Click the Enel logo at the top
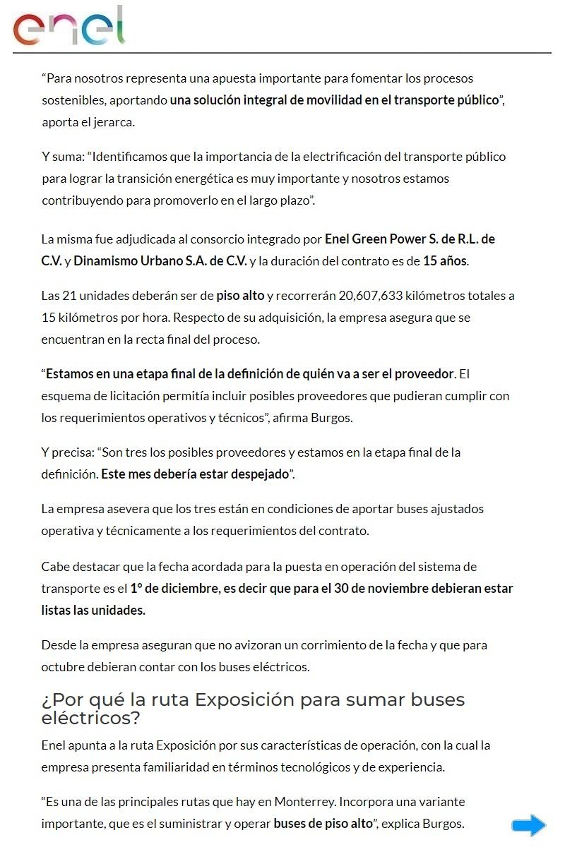pyautogui.click(x=69, y=27)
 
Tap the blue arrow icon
pyautogui.click(x=528, y=824)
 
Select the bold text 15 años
pyautogui.click(x=445, y=260)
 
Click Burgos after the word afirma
pyautogui.click(x=333, y=417)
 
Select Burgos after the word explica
pyautogui.click(x=444, y=824)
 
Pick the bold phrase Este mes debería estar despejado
pyautogui.click(x=196, y=474)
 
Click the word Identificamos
pyautogui.click(x=132, y=156)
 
